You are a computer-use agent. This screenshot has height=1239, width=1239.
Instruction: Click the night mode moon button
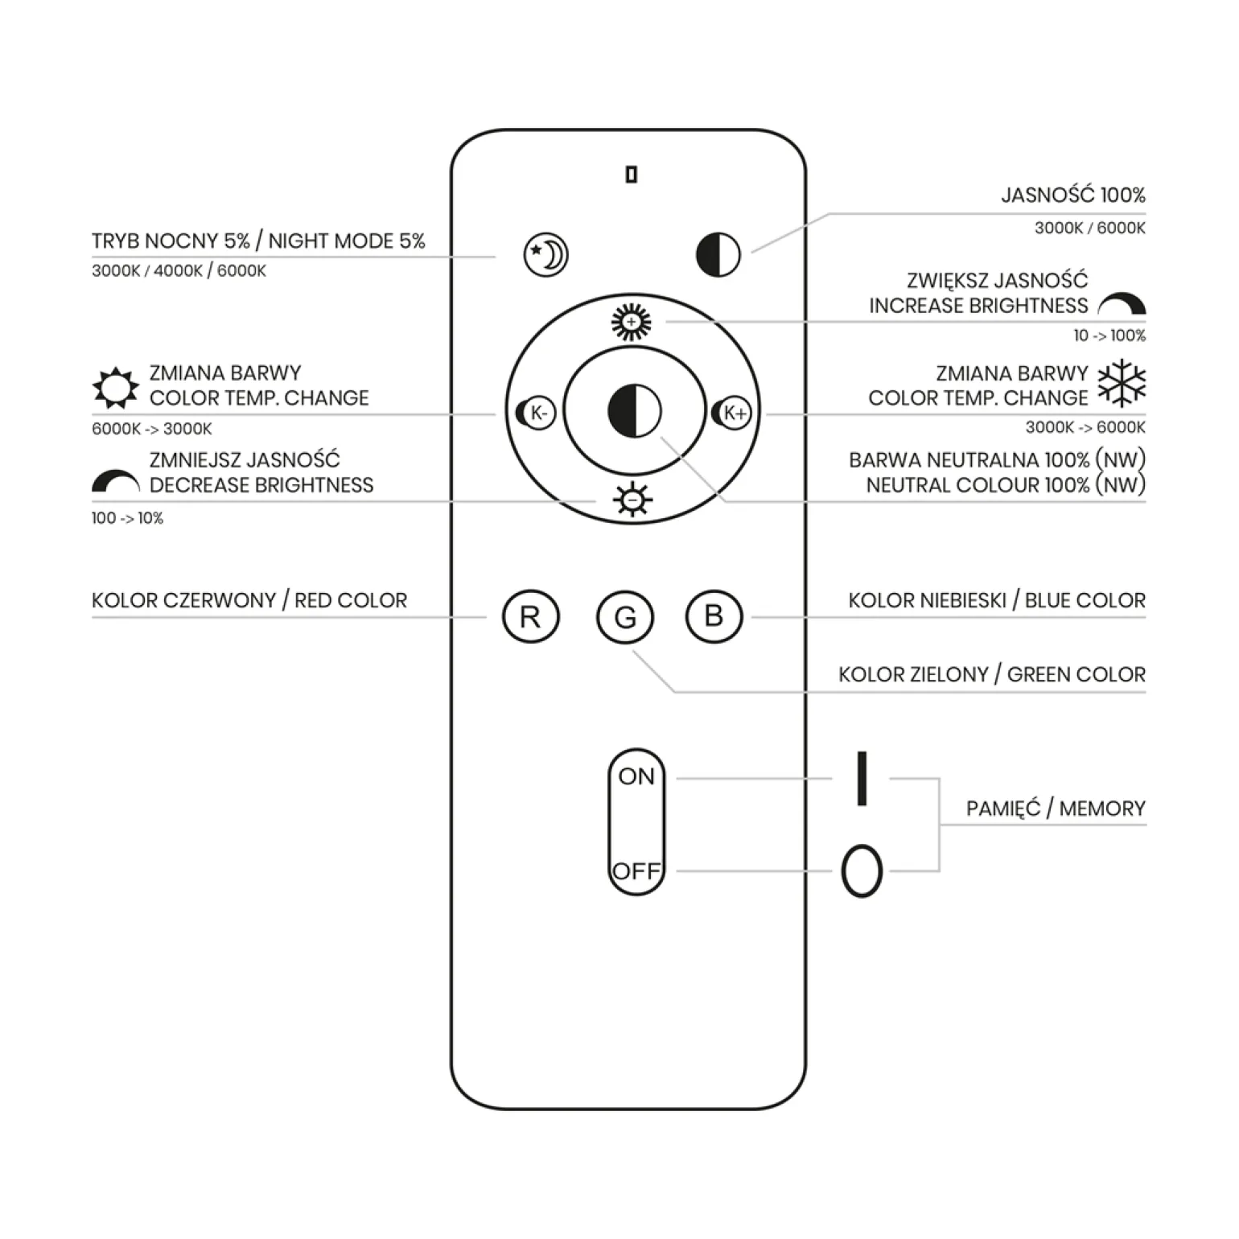tap(546, 255)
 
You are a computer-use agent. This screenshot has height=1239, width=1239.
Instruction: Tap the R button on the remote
tap(531, 617)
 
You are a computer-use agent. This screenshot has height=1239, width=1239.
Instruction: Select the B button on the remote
tap(714, 617)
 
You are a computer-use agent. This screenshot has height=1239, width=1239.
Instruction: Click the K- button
tap(536, 413)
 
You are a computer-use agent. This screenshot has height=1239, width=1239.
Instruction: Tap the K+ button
tap(732, 413)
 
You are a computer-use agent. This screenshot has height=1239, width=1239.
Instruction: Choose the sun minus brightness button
tap(633, 500)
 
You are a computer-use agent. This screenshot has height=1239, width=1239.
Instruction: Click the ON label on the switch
tap(636, 776)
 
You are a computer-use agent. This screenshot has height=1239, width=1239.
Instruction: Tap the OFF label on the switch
tap(636, 871)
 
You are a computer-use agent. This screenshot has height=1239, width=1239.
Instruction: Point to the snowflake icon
tap(1122, 383)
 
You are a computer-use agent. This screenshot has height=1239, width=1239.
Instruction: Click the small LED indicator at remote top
tap(632, 175)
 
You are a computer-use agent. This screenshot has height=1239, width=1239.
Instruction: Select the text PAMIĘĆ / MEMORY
tap(1056, 809)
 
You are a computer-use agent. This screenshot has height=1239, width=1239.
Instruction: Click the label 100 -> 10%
tap(127, 518)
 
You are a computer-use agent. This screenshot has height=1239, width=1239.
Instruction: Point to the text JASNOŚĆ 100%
tap(1072, 195)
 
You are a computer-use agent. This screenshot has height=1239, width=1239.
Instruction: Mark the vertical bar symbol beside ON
tap(862, 778)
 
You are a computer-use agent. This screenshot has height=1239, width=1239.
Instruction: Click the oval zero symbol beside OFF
tap(862, 871)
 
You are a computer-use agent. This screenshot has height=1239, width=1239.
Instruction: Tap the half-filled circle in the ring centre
tap(634, 410)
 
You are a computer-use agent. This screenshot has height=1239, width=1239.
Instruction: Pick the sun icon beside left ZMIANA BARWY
tap(116, 388)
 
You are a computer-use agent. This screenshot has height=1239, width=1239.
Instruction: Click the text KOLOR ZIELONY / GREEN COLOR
tap(991, 674)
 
